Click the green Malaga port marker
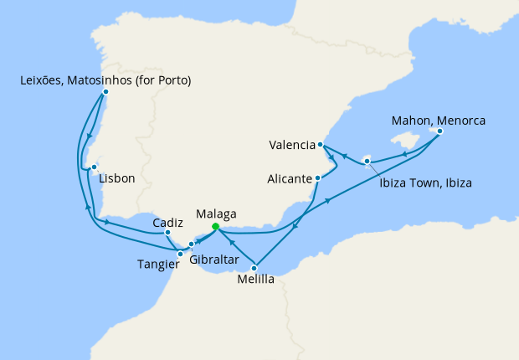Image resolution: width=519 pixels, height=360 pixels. pos(216,226)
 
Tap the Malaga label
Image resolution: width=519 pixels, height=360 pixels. pos(216,213)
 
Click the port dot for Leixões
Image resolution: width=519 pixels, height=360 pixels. pos(105,92)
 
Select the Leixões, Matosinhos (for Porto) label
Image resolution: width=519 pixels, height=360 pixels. pos(105,80)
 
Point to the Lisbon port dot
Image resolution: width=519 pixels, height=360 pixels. pos(95,167)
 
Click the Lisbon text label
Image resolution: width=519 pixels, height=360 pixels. pos(116,178)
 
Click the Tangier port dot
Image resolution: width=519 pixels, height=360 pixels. pos(181,253)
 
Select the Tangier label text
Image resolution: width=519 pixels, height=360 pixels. pos(157,265)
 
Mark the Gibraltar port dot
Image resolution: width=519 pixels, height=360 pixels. pos(192,244)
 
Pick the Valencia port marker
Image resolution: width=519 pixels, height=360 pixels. pos(321,145)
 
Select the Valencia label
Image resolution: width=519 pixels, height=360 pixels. pos(291,144)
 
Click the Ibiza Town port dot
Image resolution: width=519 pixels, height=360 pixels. pos(367,160)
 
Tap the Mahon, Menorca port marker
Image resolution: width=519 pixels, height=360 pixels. pos(439,131)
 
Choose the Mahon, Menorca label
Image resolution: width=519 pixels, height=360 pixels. pos(439,119)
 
